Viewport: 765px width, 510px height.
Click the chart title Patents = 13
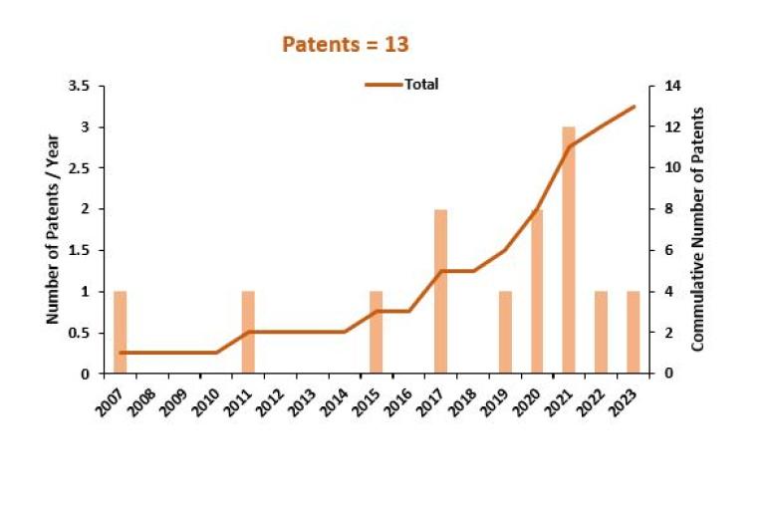pyautogui.click(x=346, y=45)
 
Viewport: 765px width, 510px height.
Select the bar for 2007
pyautogui.click(x=121, y=332)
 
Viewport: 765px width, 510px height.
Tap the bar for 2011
pyautogui.click(x=249, y=332)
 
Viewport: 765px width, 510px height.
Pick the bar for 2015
pyautogui.click(x=377, y=332)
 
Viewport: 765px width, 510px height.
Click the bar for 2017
pyautogui.click(x=441, y=291)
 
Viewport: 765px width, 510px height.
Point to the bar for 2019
pyautogui.click(x=505, y=332)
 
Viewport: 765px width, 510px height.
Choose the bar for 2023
pyautogui.click(x=633, y=332)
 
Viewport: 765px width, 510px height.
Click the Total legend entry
pyautogui.click(x=403, y=85)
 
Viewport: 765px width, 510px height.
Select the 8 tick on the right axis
pyautogui.click(x=661, y=209)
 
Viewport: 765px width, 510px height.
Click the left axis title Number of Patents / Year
pyautogui.click(x=53, y=229)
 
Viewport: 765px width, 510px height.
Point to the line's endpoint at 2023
pyautogui.click(x=634, y=107)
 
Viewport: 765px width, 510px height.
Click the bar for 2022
pyautogui.click(x=601, y=332)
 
